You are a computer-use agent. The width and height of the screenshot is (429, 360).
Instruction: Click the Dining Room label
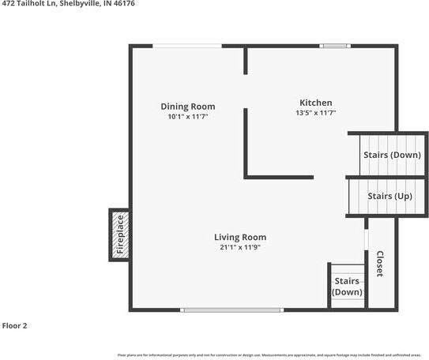tap(187, 107)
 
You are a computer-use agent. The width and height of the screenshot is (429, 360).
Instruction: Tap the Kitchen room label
tap(315, 103)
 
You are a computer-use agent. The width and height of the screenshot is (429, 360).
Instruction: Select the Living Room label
tap(240, 237)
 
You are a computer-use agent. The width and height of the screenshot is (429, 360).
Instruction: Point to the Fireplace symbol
tap(120, 235)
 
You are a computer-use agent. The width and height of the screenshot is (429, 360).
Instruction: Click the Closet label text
tap(380, 264)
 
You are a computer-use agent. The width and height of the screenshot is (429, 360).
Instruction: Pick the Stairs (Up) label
tap(390, 196)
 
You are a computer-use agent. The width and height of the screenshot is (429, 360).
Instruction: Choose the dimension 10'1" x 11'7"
tap(187, 117)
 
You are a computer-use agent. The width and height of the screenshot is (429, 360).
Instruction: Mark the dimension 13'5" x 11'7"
tap(315, 113)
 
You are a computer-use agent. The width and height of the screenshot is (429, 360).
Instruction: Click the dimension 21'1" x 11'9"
tap(240, 247)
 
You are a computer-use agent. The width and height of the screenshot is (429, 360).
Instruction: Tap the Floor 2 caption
tap(14, 324)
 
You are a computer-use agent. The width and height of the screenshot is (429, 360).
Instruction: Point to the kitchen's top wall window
tap(335, 46)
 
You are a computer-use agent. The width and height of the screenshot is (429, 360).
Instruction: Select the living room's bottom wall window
tap(231, 309)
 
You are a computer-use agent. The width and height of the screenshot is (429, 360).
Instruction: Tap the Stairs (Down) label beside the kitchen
tap(392, 155)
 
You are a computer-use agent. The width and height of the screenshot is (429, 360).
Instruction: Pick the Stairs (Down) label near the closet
tap(348, 287)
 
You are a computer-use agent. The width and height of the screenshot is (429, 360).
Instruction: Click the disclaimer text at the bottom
tap(269, 355)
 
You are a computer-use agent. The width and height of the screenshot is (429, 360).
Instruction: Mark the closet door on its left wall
tap(366, 240)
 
